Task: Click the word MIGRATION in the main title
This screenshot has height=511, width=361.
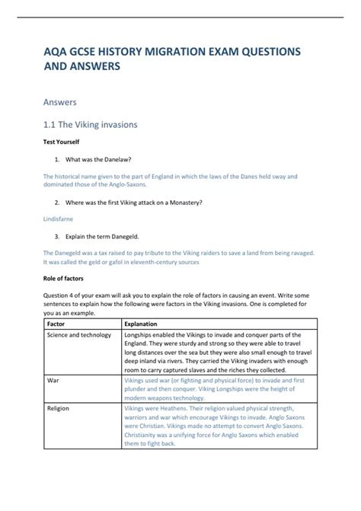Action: tap(173, 51)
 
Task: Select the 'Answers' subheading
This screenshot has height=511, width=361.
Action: tap(64, 100)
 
